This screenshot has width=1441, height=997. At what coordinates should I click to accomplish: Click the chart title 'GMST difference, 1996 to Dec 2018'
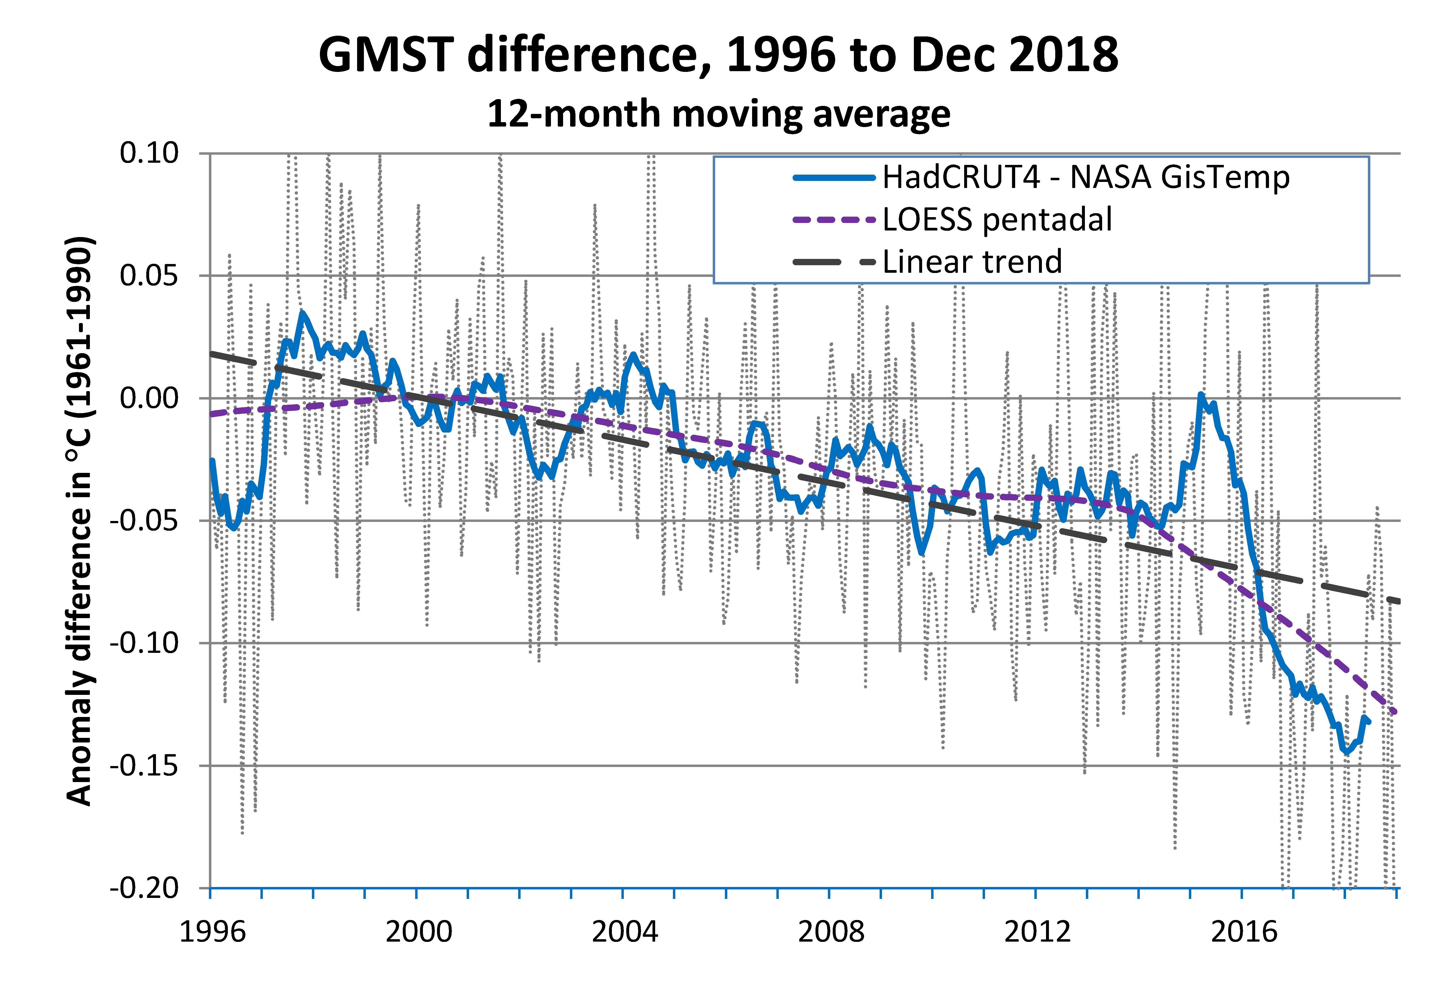[x=718, y=55]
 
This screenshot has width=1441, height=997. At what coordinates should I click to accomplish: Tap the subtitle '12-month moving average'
[x=718, y=114]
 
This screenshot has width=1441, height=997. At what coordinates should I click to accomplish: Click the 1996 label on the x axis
[x=212, y=931]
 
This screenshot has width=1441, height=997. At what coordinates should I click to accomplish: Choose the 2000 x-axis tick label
[x=419, y=931]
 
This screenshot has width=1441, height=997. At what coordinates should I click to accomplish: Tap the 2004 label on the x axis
[x=625, y=931]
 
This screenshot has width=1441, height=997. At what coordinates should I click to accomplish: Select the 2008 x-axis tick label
[x=831, y=931]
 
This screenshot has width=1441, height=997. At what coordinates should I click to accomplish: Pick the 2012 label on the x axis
[x=1037, y=931]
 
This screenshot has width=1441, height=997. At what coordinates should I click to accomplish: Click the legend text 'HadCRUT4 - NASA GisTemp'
[x=1086, y=177]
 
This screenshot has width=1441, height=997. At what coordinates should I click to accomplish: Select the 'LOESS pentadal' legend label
[x=997, y=219]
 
